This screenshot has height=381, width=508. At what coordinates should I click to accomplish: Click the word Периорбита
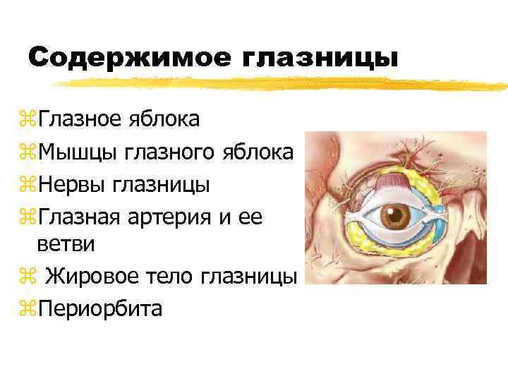100,308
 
